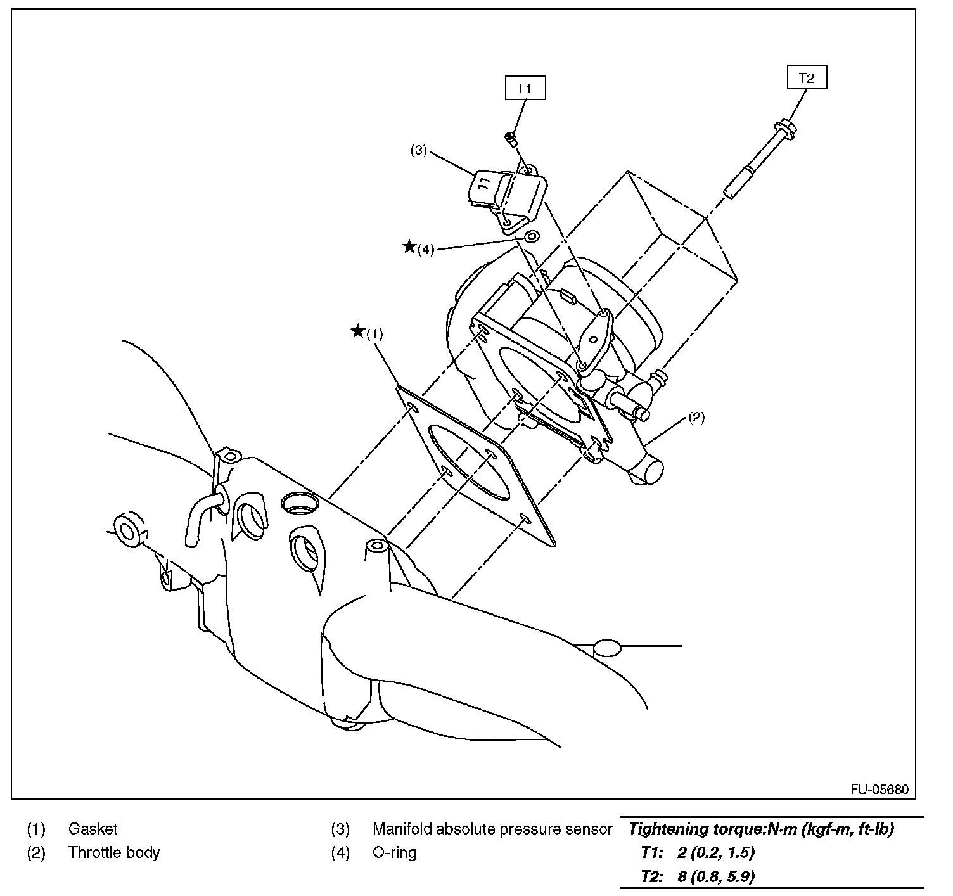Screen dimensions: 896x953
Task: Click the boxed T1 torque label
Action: click(x=524, y=88)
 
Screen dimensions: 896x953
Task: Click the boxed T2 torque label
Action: click(x=807, y=78)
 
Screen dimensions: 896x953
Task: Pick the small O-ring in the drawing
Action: click(x=532, y=238)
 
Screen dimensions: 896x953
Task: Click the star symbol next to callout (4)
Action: click(x=409, y=246)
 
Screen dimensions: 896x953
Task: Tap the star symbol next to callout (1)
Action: click(x=358, y=331)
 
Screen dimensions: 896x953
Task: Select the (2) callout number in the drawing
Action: click(x=696, y=417)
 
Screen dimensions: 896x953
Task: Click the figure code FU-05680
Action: click(x=879, y=790)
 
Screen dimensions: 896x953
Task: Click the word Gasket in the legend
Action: click(x=93, y=829)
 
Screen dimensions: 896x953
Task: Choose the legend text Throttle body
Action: click(x=114, y=853)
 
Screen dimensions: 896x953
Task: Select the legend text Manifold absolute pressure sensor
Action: click(x=492, y=829)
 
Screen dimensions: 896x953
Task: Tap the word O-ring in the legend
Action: click(x=394, y=853)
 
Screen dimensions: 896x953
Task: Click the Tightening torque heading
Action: click(x=760, y=829)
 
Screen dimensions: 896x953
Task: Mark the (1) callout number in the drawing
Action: click(x=375, y=334)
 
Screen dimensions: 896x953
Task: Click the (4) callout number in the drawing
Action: click(x=425, y=250)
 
